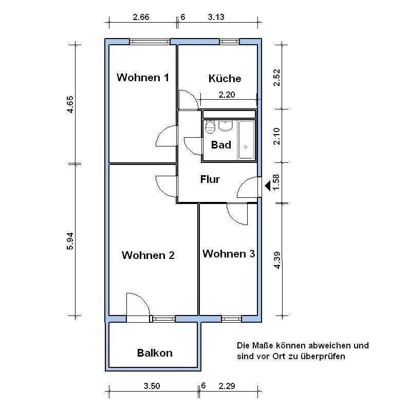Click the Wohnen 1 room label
tap(142, 78)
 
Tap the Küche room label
tap(225, 79)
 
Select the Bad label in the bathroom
tap(221, 145)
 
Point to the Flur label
tap(210, 179)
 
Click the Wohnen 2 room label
tap(148, 255)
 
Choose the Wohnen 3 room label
tap(228, 254)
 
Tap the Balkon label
tap(155, 353)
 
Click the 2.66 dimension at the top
tap(141, 17)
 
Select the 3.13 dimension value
tap(216, 17)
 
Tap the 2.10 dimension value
tap(276, 136)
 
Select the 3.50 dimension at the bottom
tap(152, 385)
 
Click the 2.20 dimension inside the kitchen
tap(227, 94)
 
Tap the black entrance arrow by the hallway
tap(267, 185)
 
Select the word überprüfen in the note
tap(323, 356)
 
